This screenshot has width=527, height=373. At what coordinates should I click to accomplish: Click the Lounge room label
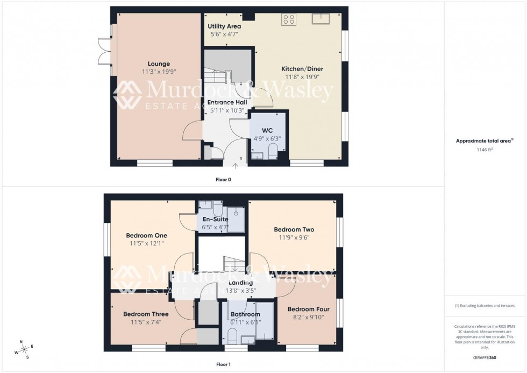tap(155, 64)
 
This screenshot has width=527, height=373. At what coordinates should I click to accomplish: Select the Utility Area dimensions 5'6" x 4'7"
tap(224, 34)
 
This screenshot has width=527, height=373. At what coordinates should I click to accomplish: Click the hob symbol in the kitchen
tap(288, 19)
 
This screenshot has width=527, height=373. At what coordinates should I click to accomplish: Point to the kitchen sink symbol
tap(322, 20)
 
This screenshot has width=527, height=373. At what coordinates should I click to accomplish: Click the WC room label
tap(267, 131)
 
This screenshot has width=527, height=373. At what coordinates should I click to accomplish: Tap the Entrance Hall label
tap(227, 102)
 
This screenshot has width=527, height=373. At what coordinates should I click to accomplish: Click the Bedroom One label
tap(146, 235)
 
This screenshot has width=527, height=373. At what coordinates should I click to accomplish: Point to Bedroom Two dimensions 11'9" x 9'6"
tap(294, 237)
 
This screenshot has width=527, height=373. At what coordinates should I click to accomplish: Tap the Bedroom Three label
tap(146, 314)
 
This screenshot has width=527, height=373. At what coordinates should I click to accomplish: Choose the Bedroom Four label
tap(308, 309)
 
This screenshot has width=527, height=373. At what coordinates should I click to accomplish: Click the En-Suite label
tap(215, 219)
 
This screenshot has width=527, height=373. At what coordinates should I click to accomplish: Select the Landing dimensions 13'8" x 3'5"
tap(240, 291)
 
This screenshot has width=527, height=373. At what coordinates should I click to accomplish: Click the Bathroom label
tap(245, 314)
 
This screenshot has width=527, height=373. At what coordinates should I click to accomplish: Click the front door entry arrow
tap(235, 165)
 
